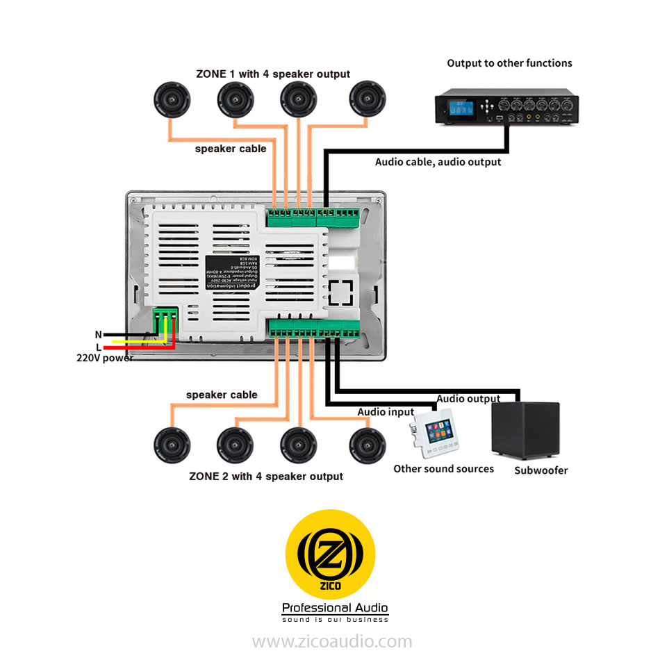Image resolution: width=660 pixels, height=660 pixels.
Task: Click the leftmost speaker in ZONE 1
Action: pyautogui.click(x=172, y=99)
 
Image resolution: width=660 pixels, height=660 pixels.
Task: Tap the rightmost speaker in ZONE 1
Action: pyautogui.click(x=366, y=99)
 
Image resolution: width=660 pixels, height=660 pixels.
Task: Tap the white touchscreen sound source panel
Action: pyautogui.click(x=434, y=435)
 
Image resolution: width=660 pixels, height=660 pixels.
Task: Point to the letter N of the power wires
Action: pyautogui.click(x=99, y=334)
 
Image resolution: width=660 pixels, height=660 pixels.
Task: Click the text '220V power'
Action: pyautogui.click(x=104, y=358)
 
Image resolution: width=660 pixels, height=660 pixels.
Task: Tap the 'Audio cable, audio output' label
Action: pyautogui.click(x=438, y=162)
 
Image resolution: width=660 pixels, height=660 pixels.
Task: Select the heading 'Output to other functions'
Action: pyautogui.click(x=509, y=63)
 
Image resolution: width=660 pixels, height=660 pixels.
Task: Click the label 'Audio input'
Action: pyautogui.click(x=386, y=412)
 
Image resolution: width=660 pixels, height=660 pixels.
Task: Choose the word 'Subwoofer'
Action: pyautogui.click(x=541, y=470)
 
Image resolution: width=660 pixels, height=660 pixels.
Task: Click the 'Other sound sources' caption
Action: pyautogui.click(x=443, y=469)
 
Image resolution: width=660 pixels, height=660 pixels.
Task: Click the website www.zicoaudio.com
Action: pyautogui.click(x=331, y=641)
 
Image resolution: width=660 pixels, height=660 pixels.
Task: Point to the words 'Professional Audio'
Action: pyautogui.click(x=335, y=609)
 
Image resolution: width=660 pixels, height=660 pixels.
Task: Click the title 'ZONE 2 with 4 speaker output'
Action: pyautogui.click(x=266, y=477)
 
